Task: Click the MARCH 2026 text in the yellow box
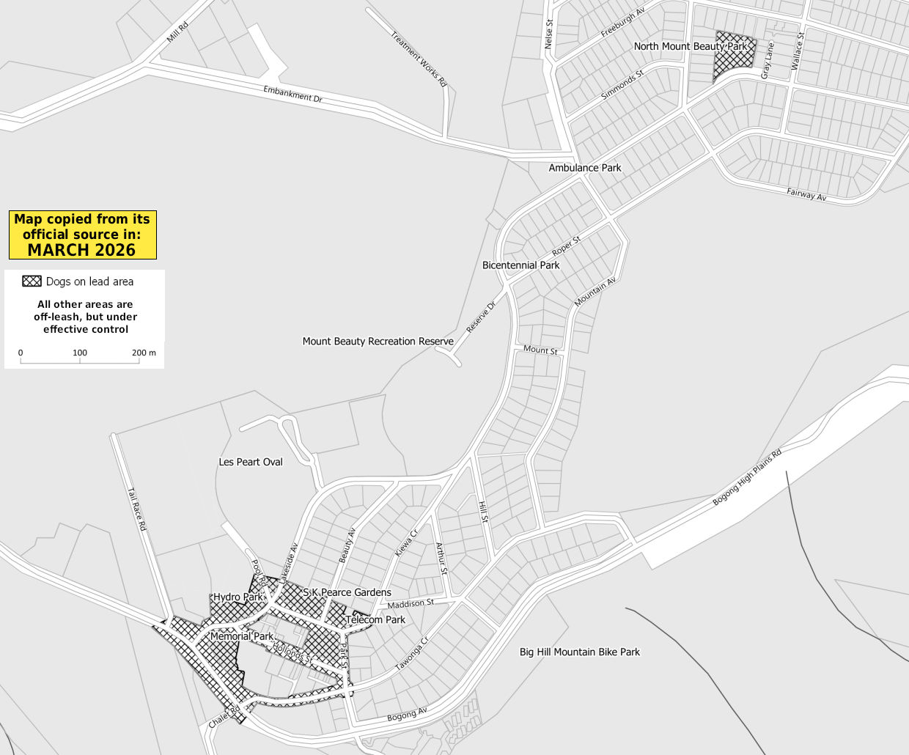coord(81,250)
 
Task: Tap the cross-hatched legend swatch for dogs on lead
coord(32,281)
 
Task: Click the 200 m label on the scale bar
coord(144,353)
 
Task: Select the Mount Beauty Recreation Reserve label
coord(378,342)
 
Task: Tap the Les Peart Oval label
coord(251,462)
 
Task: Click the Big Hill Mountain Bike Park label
coord(579,652)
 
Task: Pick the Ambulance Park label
coord(584,168)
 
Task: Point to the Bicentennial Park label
coord(520,265)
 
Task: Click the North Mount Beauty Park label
coord(690,46)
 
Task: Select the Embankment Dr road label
coord(292,93)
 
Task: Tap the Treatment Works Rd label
coord(419,59)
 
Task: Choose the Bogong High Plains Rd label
coord(747,476)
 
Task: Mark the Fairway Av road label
coord(806,195)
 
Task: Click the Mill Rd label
coord(177,32)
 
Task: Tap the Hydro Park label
coord(238,597)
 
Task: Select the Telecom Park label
coord(375,619)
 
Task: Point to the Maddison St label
coord(411,604)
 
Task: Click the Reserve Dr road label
coord(481,317)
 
